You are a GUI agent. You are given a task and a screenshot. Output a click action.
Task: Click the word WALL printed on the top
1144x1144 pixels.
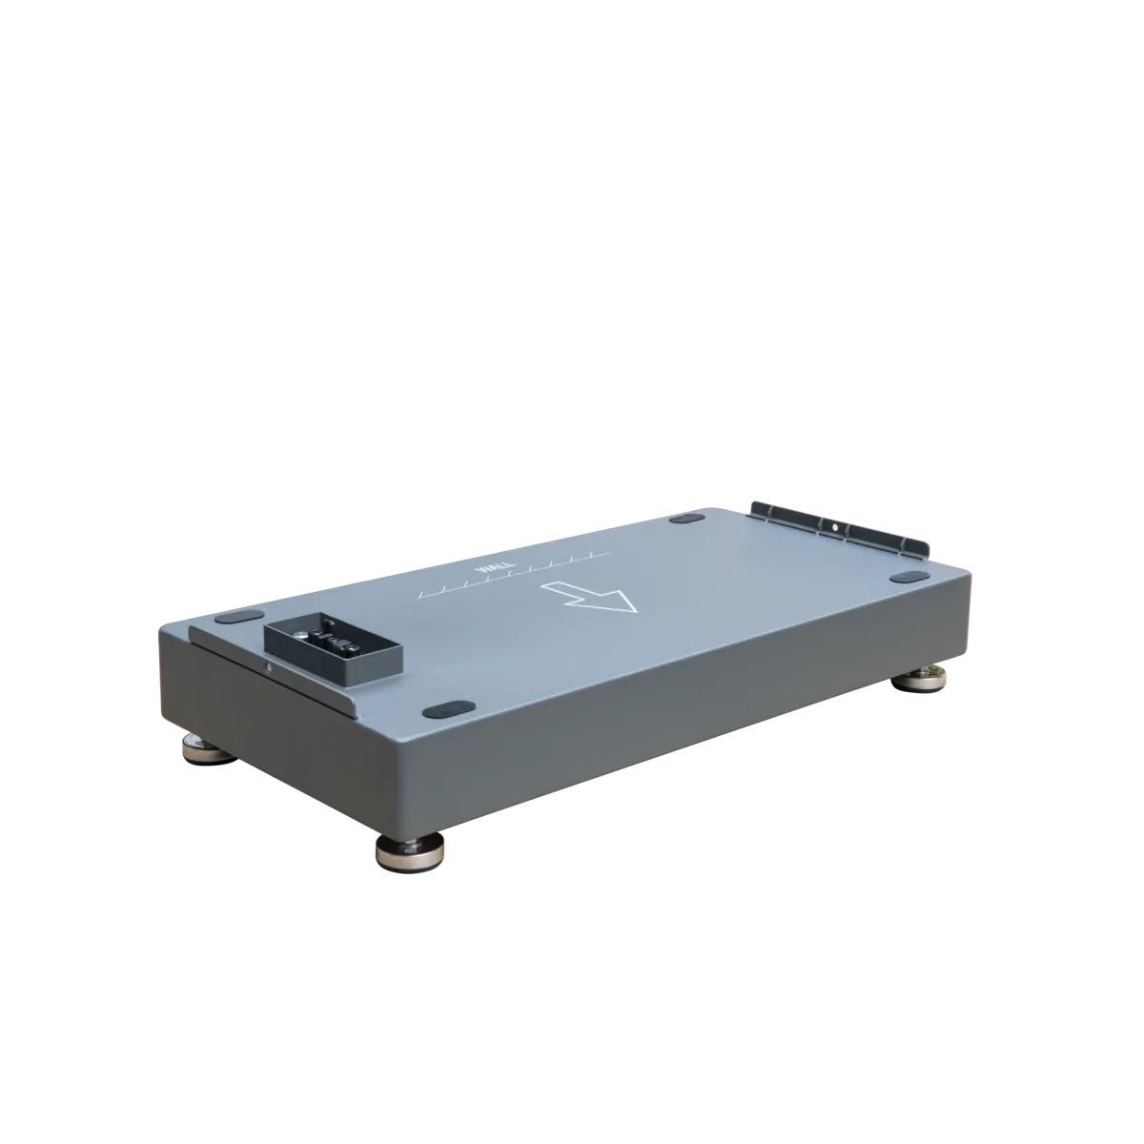(x=487, y=572)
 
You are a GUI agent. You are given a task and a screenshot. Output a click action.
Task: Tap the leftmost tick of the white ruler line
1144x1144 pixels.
(x=420, y=599)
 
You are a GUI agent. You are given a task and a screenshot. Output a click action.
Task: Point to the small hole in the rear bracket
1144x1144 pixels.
(x=835, y=525)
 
